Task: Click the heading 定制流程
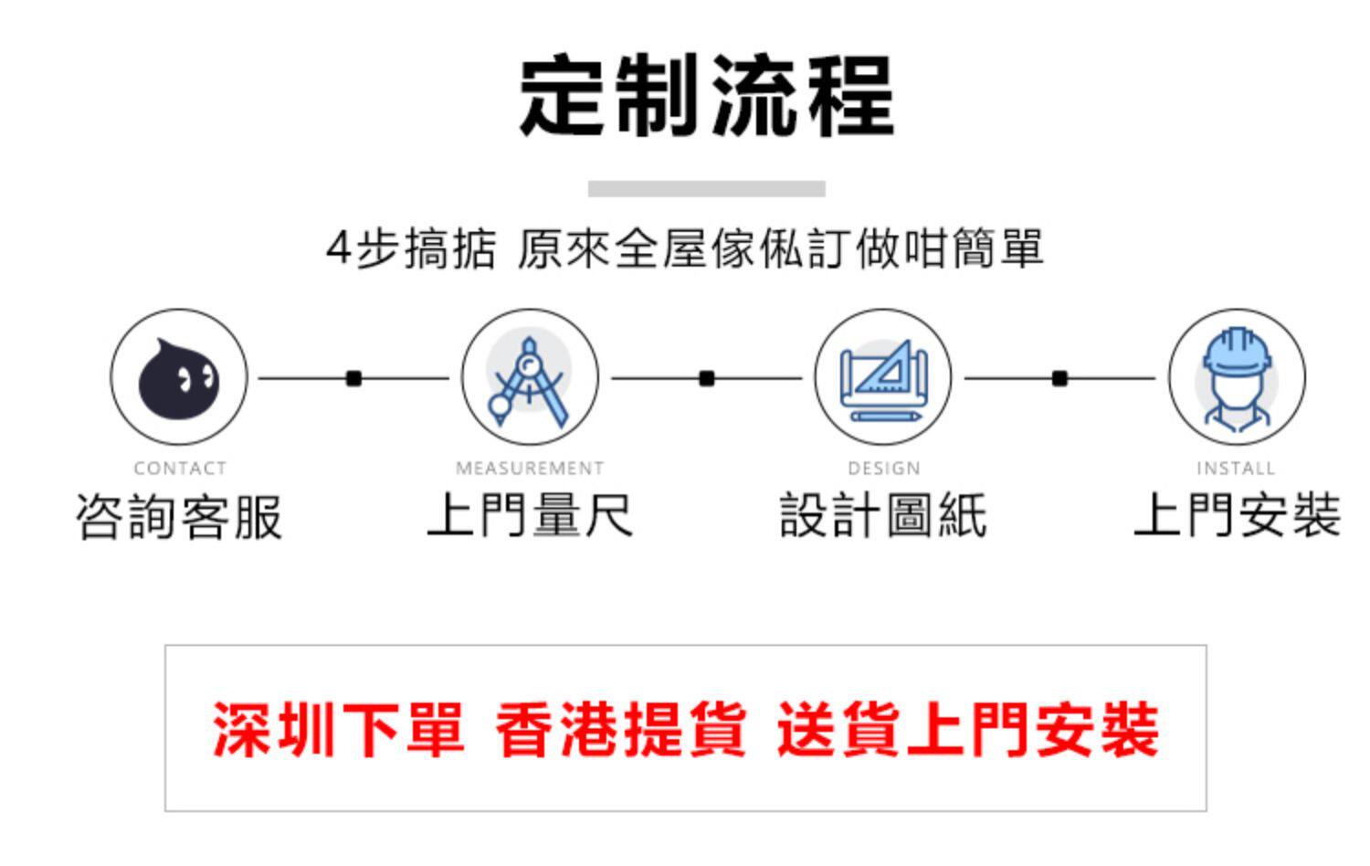coord(706,96)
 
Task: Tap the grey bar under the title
coord(706,189)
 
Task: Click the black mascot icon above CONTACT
coord(179,377)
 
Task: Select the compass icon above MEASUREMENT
coord(530,377)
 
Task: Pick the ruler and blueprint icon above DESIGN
coord(882,377)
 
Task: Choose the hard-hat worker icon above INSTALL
coord(1237,377)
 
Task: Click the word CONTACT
coord(180,469)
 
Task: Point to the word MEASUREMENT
coord(530,469)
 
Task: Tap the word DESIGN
coord(883,469)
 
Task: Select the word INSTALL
coord(1236,469)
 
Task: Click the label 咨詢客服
coord(179,517)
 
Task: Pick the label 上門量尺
coord(530,515)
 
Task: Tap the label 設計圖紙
coord(883,515)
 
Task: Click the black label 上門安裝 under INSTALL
coord(1237,515)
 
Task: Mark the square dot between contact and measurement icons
coord(354,378)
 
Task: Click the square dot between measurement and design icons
coord(707,378)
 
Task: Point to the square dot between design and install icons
coord(1059,378)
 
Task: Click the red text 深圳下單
coord(338,730)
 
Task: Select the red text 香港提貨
coord(621,730)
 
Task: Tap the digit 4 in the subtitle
coord(338,248)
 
